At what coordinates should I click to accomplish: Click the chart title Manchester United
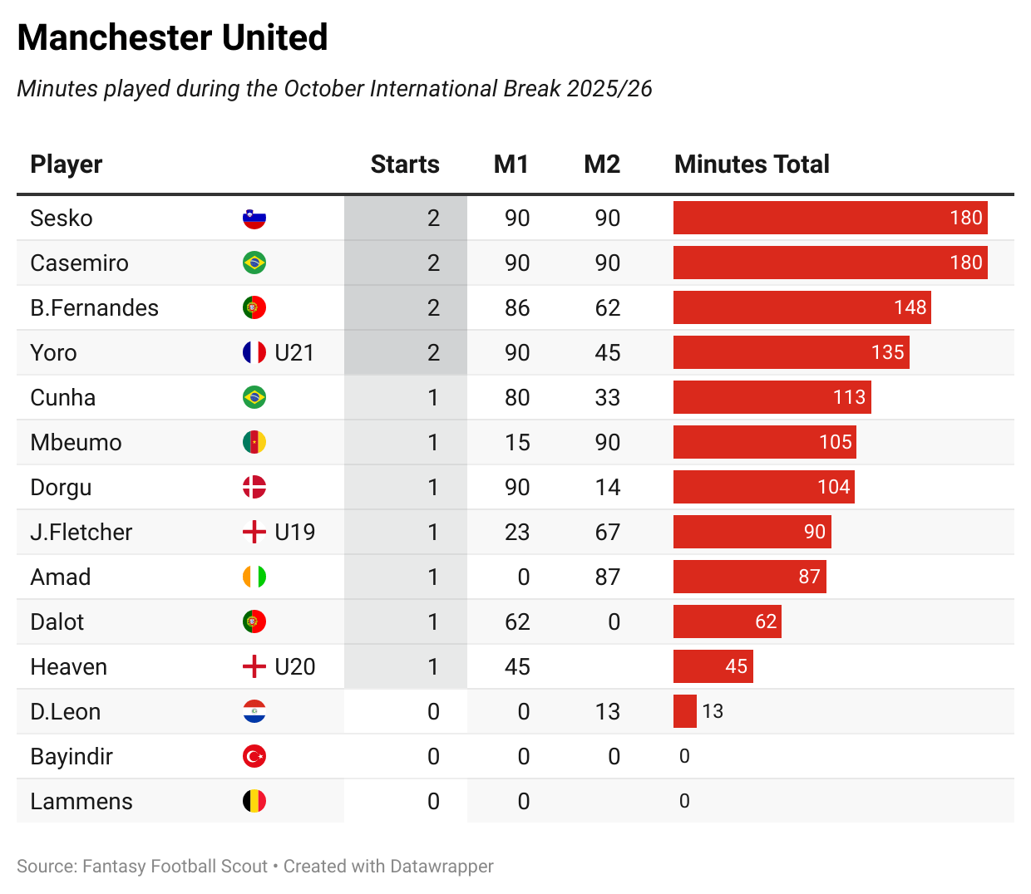click(172, 38)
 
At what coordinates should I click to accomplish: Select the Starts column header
click(405, 165)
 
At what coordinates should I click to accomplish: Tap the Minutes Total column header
click(752, 165)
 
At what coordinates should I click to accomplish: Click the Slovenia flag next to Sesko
click(254, 219)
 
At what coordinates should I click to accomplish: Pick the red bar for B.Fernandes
click(802, 307)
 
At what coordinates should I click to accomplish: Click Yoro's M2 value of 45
click(607, 353)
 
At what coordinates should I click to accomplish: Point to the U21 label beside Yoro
click(294, 353)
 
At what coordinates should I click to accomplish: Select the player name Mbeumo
click(76, 443)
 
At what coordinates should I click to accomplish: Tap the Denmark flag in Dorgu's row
click(254, 488)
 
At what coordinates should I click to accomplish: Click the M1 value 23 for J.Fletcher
click(516, 533)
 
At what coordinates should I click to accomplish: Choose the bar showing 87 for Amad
click(749, 577)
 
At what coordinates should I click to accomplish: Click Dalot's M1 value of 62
click(516, 622)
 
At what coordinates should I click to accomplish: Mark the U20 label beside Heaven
click(294, 667)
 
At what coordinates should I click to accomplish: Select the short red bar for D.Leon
click(684, 712)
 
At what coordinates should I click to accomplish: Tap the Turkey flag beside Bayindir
click(254, 757)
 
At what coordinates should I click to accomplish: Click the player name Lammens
click(81, 802)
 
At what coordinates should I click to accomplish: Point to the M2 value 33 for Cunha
click(607, 398)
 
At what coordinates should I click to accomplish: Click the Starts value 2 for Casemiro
click(433, 263)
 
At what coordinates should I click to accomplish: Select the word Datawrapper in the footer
click(441, 867)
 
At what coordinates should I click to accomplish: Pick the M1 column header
click(511, 165)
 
